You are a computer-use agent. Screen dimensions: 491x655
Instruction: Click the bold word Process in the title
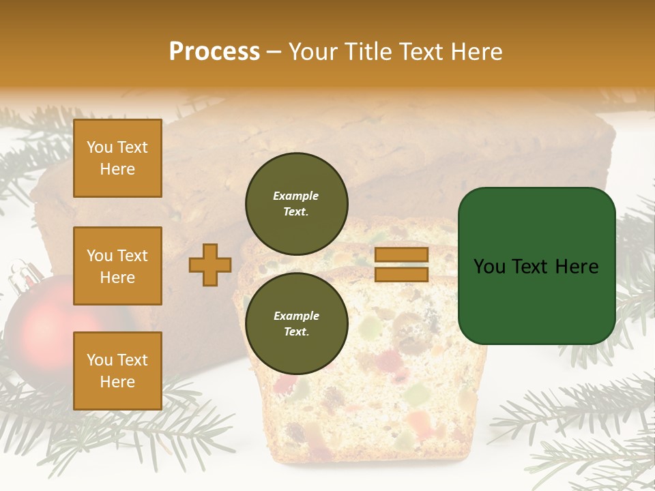click(x=214, y=51)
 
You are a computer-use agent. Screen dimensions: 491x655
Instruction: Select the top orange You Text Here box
click(x=117, y=158)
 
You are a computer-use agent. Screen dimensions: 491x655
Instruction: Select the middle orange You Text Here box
click(x=117, y=266)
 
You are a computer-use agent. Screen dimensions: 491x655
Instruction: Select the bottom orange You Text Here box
click(x=117, y=371)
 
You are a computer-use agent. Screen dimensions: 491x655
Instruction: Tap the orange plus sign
click(x=210, y=265)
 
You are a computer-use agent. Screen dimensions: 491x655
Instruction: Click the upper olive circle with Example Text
click(x=297, y=204)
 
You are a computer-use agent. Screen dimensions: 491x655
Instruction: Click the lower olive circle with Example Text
click(x=297, y=324)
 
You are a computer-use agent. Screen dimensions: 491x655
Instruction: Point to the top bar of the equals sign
click(x=402, y=255)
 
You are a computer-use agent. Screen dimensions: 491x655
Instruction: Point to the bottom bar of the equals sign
click(x=402, y=274)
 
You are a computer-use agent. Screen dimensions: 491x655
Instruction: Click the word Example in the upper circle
click(x=295, y=196)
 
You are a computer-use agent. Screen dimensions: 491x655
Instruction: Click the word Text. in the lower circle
click(x=296, y=332)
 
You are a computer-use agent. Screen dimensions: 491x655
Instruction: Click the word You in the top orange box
click(x=99, y=147)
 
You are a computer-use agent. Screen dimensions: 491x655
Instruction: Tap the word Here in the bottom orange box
click(x=117, y=382)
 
